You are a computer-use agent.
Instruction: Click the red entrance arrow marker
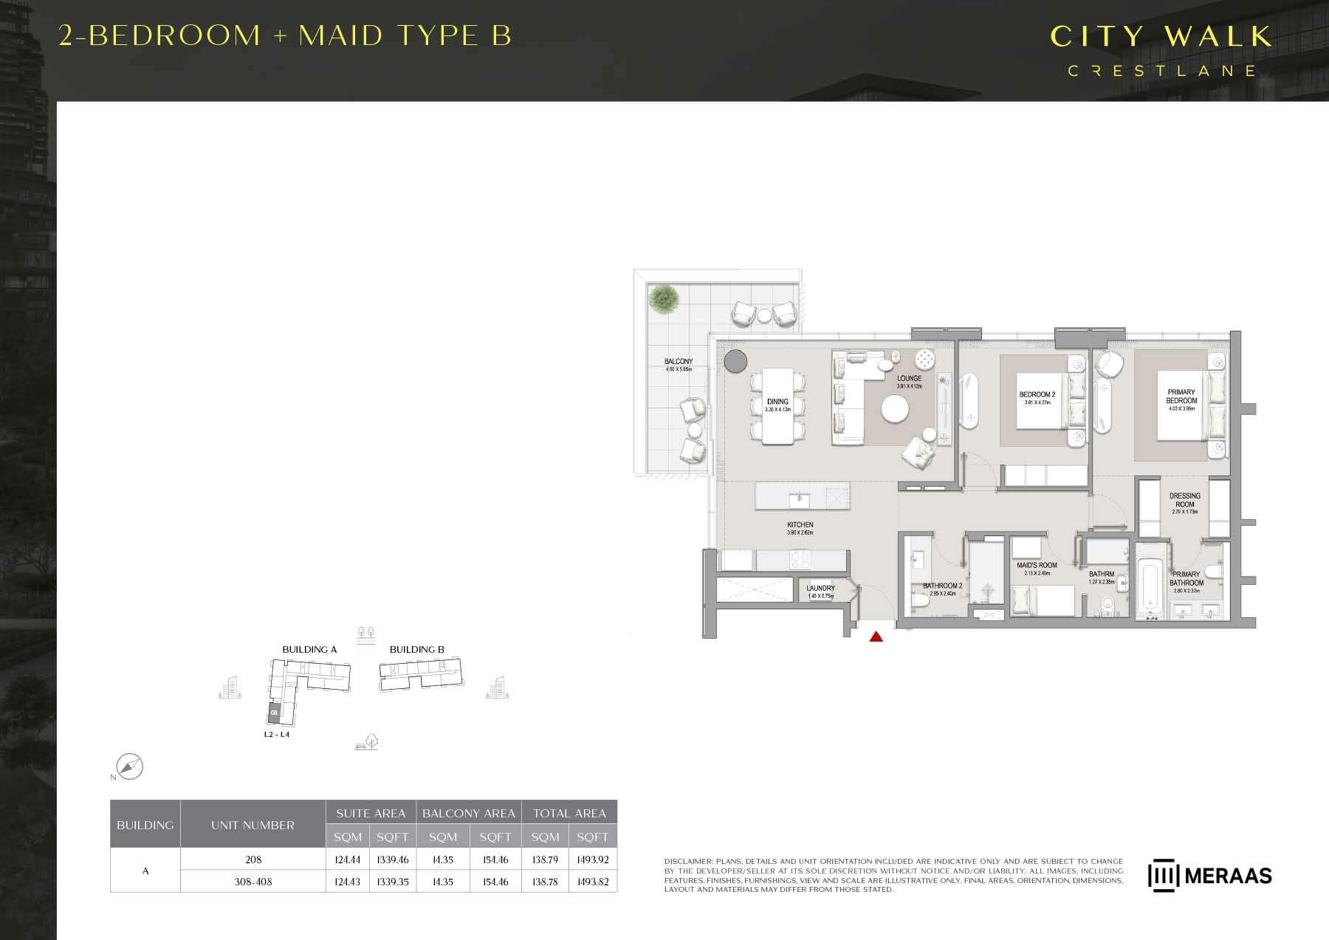(x=876, y=637)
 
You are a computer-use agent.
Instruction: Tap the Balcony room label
(x=679, y=362)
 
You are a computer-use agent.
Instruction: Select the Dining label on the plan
(x=777, y=402)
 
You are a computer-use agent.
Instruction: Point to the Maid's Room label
(x=1037, y=566)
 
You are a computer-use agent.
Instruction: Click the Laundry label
(x=820, y=589)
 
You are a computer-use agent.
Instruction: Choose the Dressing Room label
(x=1185, y=500)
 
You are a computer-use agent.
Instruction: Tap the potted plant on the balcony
(x=664, y=299)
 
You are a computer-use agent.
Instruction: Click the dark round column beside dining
(x=735, y=361)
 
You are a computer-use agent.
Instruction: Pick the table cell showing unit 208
(x=253, y=860)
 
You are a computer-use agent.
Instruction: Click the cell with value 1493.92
(x=593, y=860)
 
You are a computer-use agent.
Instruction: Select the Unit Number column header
(x=253, y=825)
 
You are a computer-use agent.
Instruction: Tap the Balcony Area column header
(x=469, y=813)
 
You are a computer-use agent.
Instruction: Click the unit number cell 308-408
(x=253, y=882)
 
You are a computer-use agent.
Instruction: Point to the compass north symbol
(x=130, y=767)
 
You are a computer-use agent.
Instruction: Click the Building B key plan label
(x=417, y=650)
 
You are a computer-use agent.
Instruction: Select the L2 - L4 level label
(x=277, y=735)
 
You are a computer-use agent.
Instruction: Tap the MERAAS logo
(x=1210, y=876)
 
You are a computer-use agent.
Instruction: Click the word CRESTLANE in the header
(x=1162, y=71)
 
